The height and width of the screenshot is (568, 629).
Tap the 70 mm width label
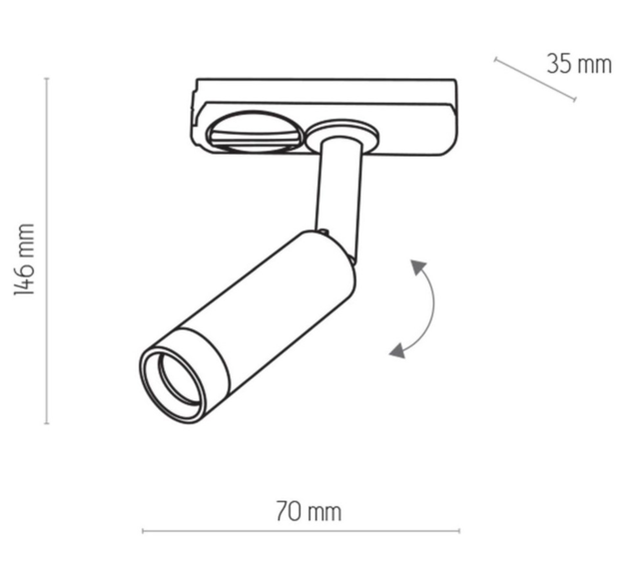pyautogui.click(x=309, y=512)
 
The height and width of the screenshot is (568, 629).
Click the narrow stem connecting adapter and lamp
pyautogui.click(x=334, y=190)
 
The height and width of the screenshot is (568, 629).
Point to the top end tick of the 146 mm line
pyautogui.click(x=47, y=79)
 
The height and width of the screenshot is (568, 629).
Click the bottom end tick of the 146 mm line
pyautogui.click(x=47, y=422)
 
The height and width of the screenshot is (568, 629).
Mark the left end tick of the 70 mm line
pyautogui.click(x=143, y=531)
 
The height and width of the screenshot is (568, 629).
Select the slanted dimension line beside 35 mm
pyautogui.click(x=535, y=79)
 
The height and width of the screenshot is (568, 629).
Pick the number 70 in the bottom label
pyautogui.click(x=289, y=512)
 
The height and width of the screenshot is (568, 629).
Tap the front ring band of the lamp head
pyautogui.click(x=200, y=364)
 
